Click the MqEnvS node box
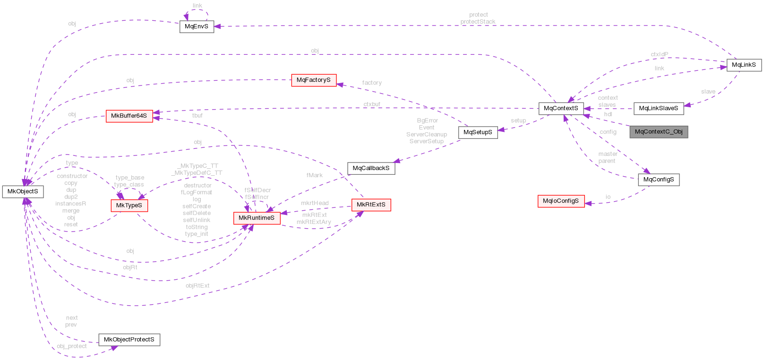pos(197,26)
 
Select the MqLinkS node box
pos(744,65)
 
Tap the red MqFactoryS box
pos(314,80)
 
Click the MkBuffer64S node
pos(129,116)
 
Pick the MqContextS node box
pos(561,108)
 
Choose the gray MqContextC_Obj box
pos(659,132)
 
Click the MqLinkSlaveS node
pos(658,109)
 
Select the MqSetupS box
pos(478,132)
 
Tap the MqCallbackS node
pos(371,168)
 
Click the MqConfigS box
pos(659,180)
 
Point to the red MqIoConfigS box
pos(561,201)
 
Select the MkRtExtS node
pos(371,205)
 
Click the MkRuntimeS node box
pos(257,218)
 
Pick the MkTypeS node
pos(129,206)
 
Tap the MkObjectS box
pos(23,191)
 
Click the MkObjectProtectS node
pos(129,340)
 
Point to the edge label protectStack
pos(478,22)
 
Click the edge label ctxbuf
pos(372,104)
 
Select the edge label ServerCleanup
pos(426,135)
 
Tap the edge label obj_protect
pos(72,346)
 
